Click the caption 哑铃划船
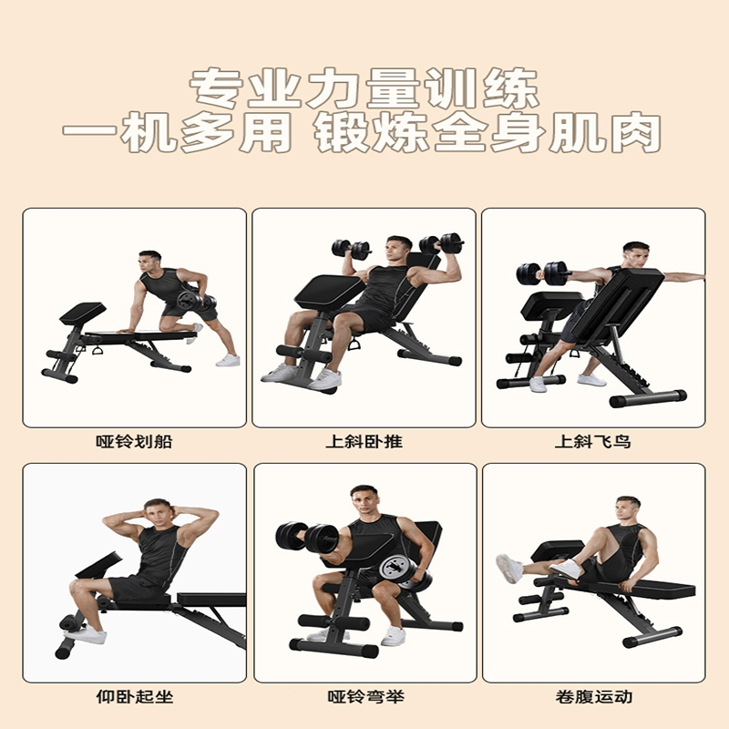point(134,443)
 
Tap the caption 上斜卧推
point(364,443)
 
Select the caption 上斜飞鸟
point(593,443)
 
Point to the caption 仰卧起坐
point(134,697)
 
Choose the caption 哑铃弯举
point(364,697)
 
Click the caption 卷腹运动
point(593,697)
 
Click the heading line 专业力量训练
point(364,89)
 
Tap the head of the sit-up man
point(158,516)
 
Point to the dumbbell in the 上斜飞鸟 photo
point(530,272)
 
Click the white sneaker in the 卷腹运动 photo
point(510,569)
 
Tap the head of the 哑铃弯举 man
point(363,503)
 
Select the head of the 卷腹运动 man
point(627,511)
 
